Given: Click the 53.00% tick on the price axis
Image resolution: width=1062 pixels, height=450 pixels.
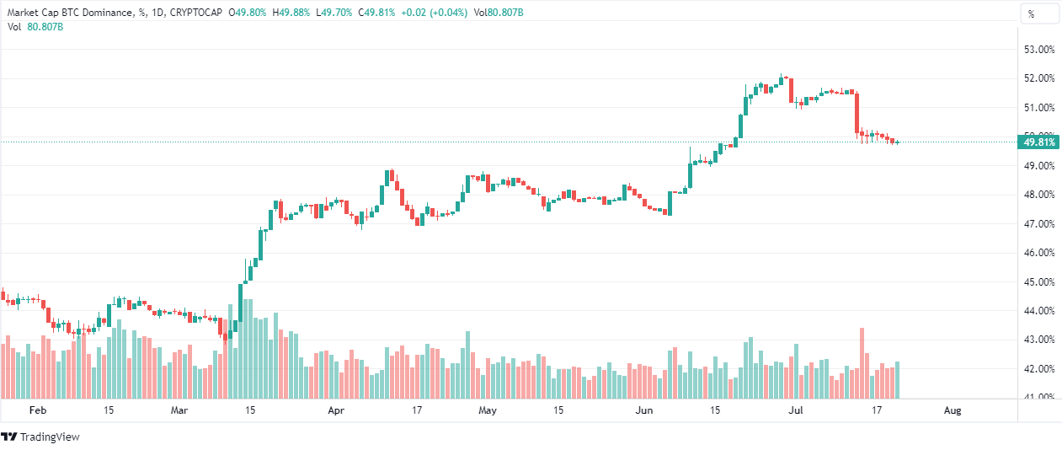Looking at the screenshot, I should point(1038,50).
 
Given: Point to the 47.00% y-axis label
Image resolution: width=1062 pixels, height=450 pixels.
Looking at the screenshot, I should point(1038,224).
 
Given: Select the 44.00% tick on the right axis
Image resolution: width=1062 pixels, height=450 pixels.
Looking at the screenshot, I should point(1038,311).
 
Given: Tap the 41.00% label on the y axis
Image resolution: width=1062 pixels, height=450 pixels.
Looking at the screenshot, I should point(1038,397).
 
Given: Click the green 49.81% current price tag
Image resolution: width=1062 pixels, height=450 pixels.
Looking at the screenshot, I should point(1039,142).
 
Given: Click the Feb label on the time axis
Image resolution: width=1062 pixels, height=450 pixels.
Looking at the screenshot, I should point(36,410).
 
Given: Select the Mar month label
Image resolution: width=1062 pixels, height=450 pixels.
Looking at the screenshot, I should point(179,410).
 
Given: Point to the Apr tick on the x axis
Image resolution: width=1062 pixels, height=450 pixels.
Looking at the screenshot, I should point(336,410).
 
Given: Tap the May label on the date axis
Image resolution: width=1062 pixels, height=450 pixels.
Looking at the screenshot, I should point(487,410).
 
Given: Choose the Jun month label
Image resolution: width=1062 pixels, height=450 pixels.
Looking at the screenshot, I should point(644,410).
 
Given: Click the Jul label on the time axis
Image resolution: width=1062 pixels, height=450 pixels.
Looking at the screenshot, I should point(795,410).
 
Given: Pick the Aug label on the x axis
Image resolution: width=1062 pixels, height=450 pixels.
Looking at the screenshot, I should point(953,410).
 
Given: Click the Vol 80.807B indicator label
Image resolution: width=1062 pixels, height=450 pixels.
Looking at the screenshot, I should point(35,27).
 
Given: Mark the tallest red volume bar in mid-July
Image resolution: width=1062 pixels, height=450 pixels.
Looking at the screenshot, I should point(862,363).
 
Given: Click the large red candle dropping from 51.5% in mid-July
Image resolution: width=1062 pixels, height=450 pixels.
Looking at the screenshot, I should point(857,113).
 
